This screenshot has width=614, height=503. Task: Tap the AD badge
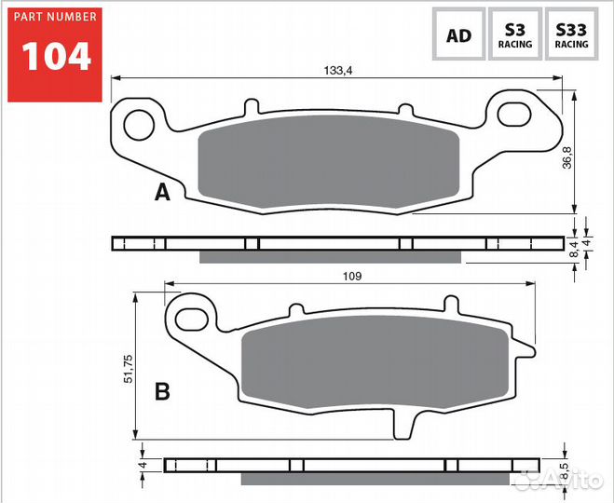[x=458, y=36]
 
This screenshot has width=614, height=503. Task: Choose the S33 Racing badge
[x=570, y=36]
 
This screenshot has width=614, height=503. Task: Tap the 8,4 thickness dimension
[x=574, y=248]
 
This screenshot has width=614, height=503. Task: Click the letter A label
[x=162, y=194]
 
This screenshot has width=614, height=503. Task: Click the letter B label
[x=162, y=392]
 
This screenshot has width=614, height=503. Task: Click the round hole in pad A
[x=140, y=121]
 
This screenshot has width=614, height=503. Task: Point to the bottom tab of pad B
[x=403, y=423]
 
